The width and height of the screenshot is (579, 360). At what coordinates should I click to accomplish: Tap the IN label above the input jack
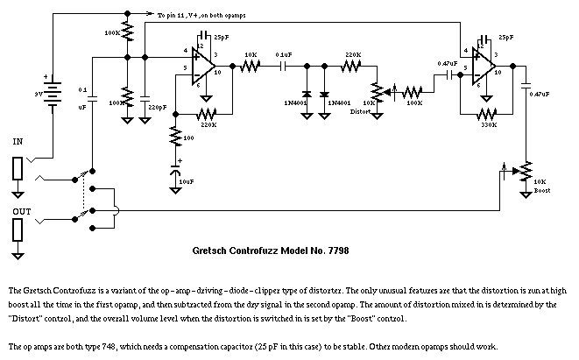click(x=18, y=140)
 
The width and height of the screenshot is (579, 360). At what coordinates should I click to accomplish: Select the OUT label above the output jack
click(x=18, y=210)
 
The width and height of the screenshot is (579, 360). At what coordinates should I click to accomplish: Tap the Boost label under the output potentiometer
click(x=541, y=189)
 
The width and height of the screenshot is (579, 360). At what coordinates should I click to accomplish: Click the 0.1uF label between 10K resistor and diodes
click(x=284, y=54)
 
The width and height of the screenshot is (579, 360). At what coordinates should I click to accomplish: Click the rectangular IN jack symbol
click(x=18, y=169)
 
